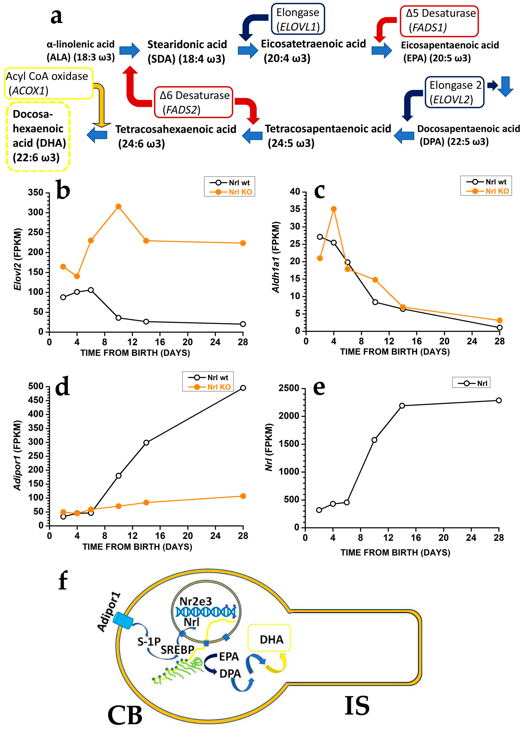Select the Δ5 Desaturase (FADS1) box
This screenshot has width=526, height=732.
click(x=439, y=21)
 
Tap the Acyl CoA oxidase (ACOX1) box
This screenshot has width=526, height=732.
click(x=48, y=83)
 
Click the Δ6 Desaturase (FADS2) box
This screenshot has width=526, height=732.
click(x=193, y=102)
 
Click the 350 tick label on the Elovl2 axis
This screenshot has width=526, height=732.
click(x=36, y=193)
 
